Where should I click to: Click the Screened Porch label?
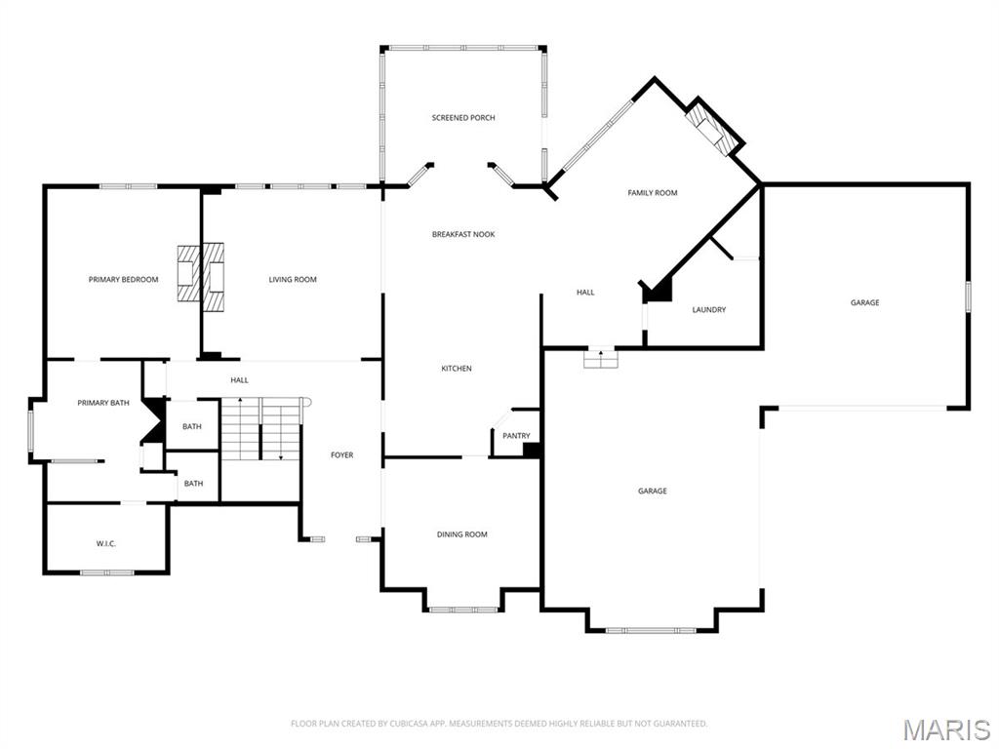[463, 118]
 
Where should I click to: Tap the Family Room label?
[652, 193]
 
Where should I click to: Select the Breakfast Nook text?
[463, 234]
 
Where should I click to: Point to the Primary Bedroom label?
[123, 280]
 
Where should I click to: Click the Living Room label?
[293, 280]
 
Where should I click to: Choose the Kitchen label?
[457, 369]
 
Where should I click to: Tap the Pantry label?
[516, 436]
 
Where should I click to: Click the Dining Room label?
[461, 534]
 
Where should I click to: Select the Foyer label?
[341, 455]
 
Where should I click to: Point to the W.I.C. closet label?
[106, 543]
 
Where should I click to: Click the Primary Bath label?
[103, 403]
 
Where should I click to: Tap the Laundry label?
[709, 310]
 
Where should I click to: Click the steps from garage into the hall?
[601, 359]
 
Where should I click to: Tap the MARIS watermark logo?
[946, 729]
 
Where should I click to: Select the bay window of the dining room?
[464, 610]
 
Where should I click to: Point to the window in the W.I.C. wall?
[106, 572]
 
